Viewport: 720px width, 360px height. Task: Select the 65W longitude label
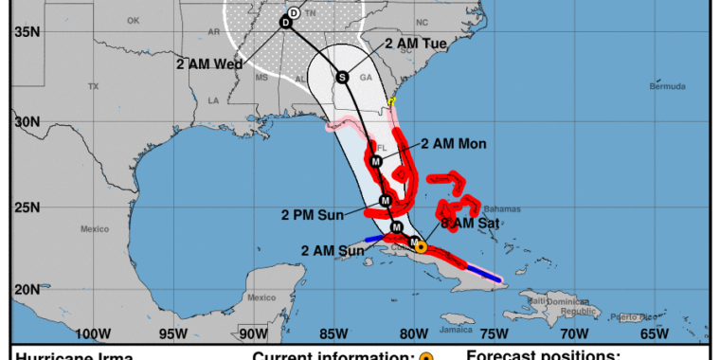tap(655, 333)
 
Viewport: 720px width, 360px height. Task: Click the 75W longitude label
tap(494, 333)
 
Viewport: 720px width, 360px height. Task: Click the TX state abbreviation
tap(93, 86)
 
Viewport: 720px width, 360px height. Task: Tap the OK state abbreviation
tap(133, 19)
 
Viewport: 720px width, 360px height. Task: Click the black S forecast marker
tap(342, 78)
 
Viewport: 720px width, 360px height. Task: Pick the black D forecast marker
tap(285, 22)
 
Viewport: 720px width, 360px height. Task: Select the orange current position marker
tap(421, 246)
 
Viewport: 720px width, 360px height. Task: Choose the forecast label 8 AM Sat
tap(471, 224)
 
